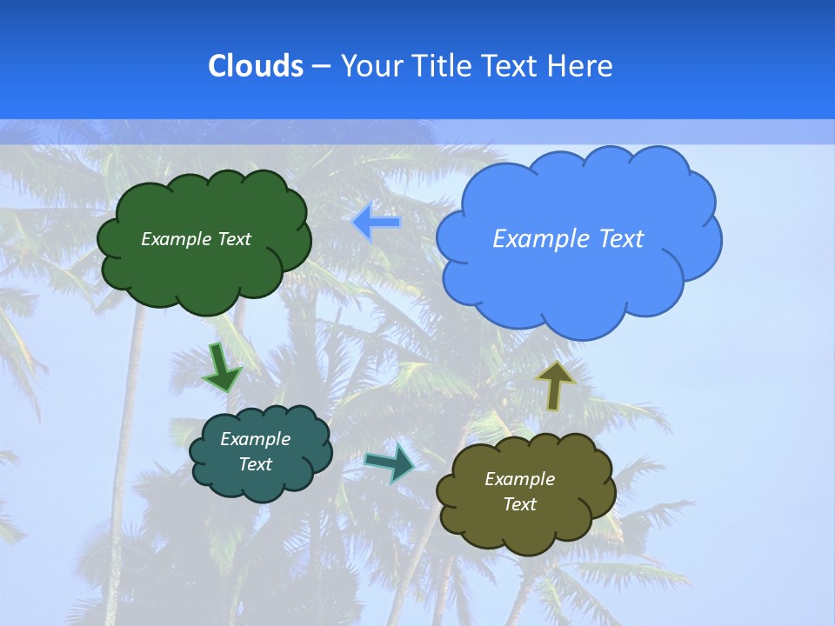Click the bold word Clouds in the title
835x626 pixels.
(255, 65)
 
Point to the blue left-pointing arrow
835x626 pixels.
(377, 223)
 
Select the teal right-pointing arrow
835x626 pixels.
(391, 463)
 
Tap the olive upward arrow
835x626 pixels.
(555, 385)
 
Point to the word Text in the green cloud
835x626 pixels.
(235, 239)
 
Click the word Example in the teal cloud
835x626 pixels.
(255, 439)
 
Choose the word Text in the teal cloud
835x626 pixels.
(255, 464)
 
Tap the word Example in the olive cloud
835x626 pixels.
(519, 479)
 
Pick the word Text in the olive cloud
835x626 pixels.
(519, 504)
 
